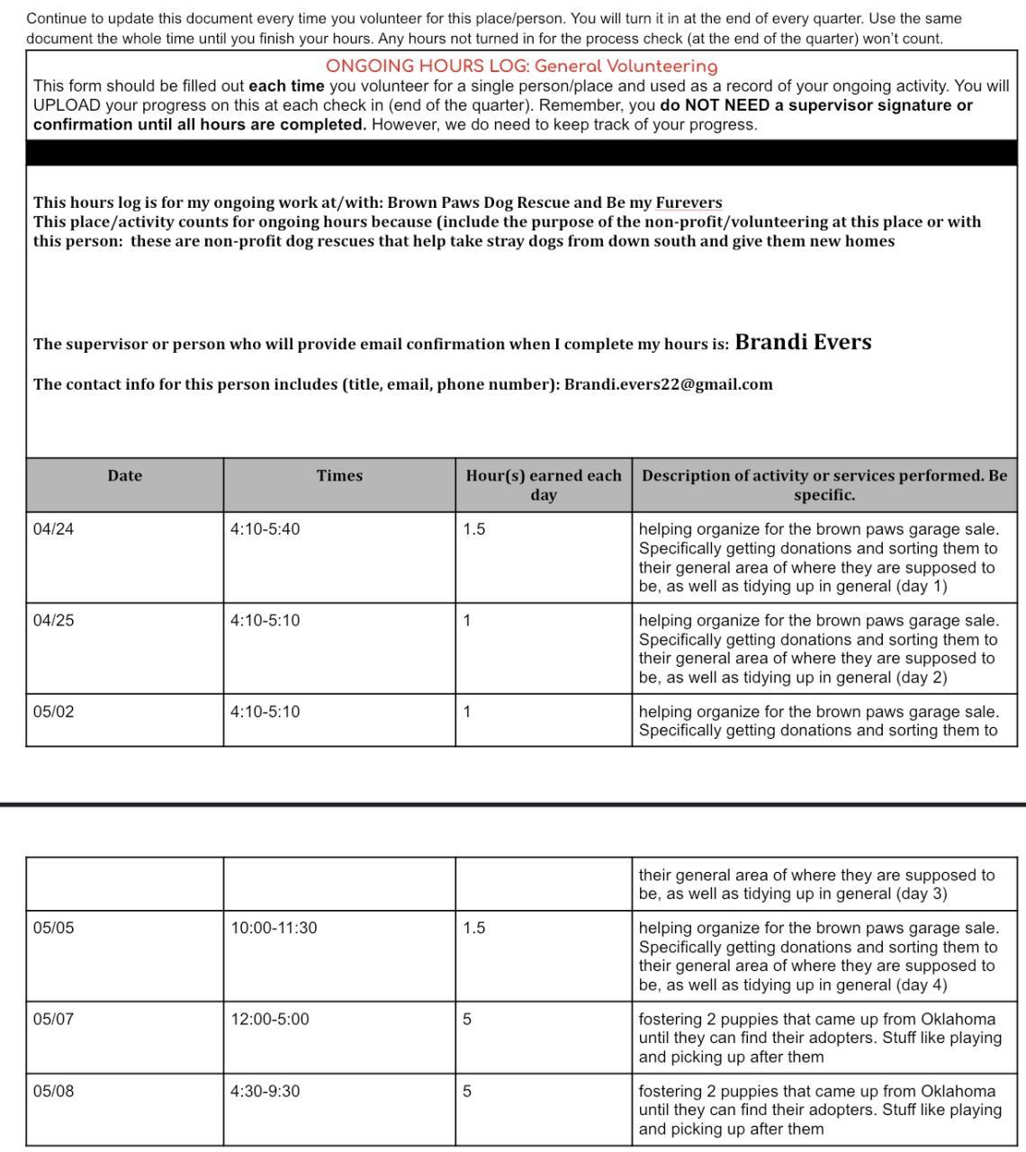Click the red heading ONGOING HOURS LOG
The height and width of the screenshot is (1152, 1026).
pyautogui.click(x=521, y=67)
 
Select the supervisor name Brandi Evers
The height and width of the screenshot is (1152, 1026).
pyautogui.click(x=803, y=343)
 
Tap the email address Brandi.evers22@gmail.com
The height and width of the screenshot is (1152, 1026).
pyautogui.click(x=668, y=384)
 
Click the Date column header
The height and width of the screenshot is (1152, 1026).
pyautogui.click(x=124, y=476)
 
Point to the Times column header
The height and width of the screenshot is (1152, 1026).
pyautogui.click(x=339, y=476)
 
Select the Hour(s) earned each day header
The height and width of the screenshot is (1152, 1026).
pyautogui.click(x=544, y=485)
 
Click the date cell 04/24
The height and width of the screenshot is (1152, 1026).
pyautogui.click(x=54, y=529)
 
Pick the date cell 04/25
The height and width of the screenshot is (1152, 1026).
pyautogui.click(x=54, y=621)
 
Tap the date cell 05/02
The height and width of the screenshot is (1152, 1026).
pyautogui.click(x=54, y=712)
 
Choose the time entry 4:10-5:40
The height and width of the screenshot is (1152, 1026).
pyautogui.click(x=265, y=529)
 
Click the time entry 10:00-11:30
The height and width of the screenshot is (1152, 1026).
pyautogui.click(x=274, y=928)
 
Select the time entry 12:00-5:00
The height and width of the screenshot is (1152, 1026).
pyautogui.click(x=269, y=1020)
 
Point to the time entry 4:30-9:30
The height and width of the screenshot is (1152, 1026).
pyautogui.click(x=265, y=1092)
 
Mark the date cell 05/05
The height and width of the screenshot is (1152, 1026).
pyautogui.click(x=54, y=928)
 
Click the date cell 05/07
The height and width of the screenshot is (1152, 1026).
pyautogui.click(x=54, y=1020)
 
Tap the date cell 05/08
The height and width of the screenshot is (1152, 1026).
pyautogui.click(x=54, y=1092)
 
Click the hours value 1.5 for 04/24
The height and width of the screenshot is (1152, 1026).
pyautogui.click(x=474, y=529)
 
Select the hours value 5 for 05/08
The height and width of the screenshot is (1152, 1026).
pyautogui.click(x=467, y=1092)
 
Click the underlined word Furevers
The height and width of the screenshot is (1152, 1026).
pyautogui.click(x=688, y=202)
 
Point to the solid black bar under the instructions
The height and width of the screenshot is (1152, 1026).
pyautogui.click(x=521, y=153)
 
